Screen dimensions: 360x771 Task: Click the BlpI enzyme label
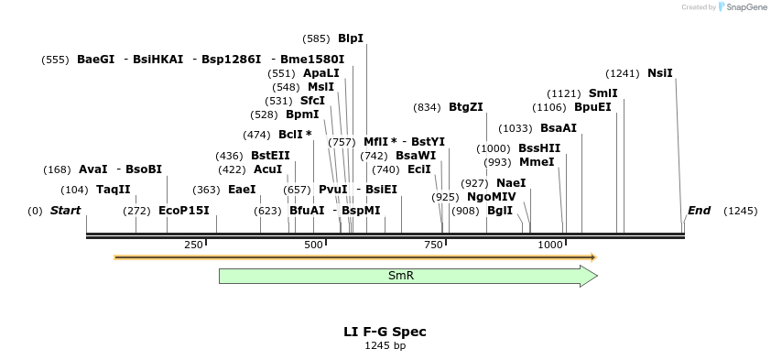351,38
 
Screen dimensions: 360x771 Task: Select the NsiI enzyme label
659,73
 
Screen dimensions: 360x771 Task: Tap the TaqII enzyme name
114,190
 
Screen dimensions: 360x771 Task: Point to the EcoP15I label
184,211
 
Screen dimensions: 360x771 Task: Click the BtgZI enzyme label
465,107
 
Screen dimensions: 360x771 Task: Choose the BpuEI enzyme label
592,107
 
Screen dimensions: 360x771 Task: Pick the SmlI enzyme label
603,93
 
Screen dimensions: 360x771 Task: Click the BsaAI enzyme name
559,128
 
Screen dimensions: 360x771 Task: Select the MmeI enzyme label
537,162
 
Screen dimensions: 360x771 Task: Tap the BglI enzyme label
500,211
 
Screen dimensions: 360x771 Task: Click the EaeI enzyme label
242,190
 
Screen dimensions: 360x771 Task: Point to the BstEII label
270,156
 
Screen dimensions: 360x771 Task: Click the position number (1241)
623,73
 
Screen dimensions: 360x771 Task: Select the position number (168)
57,169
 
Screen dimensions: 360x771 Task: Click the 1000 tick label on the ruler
550,245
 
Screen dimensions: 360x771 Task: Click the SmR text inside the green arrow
401,276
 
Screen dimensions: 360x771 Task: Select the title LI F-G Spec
385,332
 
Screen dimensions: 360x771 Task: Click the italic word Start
65,211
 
